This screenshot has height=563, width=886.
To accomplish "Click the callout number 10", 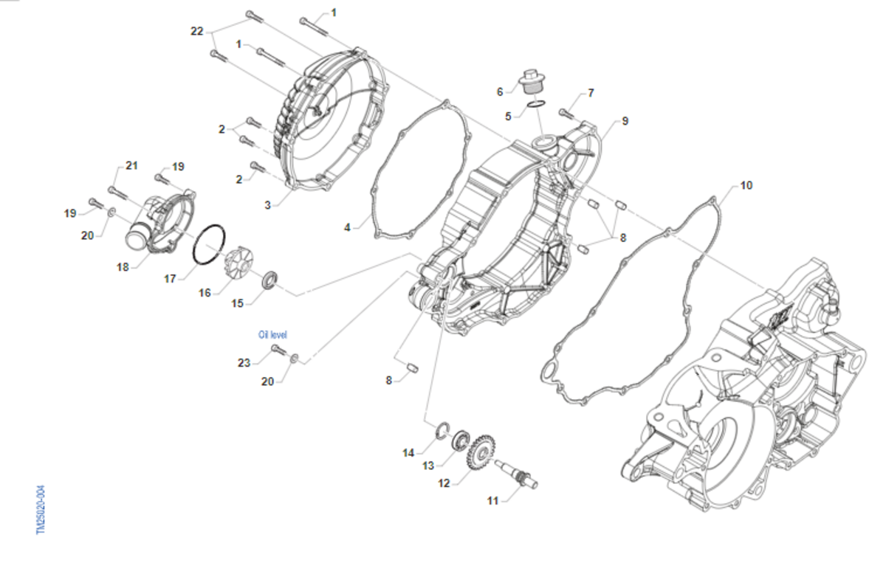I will coord(746,185).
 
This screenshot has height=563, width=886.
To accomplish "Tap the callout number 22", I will coord(196,31).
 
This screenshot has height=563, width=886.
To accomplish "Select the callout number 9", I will coord(625,120).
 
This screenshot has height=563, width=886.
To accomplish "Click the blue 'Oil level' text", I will coord(272,334).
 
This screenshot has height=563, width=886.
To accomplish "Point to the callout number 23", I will coord(244,362).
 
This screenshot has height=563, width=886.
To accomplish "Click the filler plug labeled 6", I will coord(530,80).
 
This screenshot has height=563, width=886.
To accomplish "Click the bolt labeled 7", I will coord(567,113).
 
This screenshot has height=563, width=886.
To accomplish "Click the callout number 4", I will coord(347,227).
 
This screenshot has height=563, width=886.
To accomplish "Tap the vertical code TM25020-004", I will coord(41,508).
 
